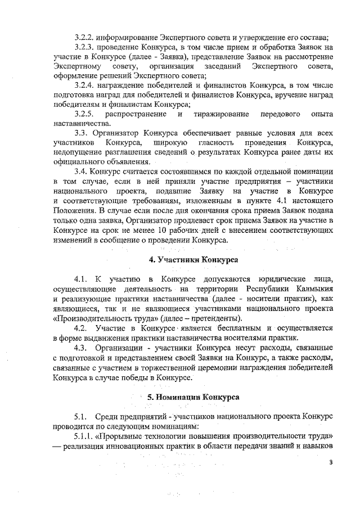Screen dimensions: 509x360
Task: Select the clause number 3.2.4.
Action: pos(86,85)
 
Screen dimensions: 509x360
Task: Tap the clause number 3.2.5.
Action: pos(86,114)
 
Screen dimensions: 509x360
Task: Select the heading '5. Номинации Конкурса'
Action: pos(193,397)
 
